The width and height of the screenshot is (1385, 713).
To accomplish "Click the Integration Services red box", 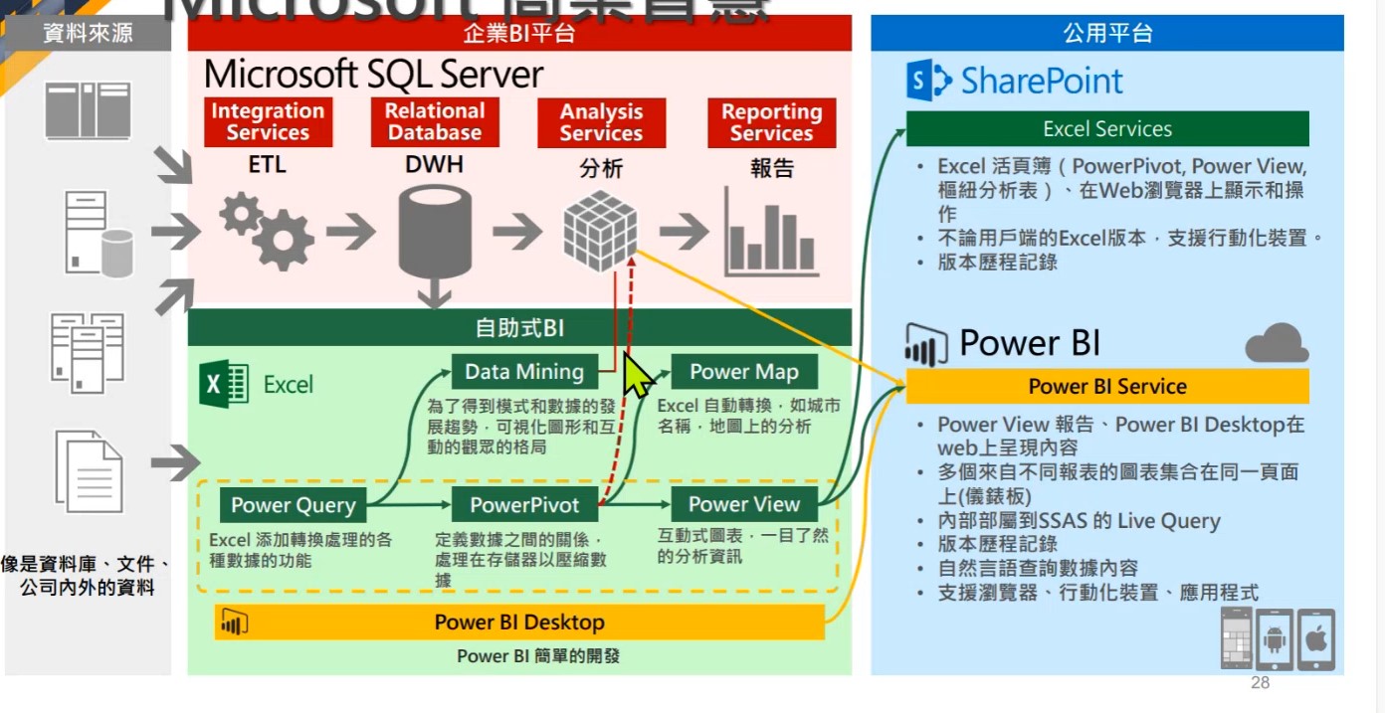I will pos(268,122).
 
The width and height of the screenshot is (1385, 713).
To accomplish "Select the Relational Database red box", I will pos(435,122).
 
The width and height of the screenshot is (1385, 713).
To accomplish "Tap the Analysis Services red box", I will pos(601,122).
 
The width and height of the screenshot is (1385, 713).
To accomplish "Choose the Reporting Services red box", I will pos(771,122).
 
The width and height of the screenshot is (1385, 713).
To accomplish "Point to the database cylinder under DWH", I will pos(435,237).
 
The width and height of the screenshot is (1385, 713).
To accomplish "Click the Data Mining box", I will pos(524,372).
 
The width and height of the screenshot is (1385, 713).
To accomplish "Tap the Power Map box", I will pos(743,372).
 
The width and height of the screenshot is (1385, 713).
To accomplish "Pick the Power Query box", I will pos(293,505).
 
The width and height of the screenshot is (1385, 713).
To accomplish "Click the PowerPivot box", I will pos(524,505).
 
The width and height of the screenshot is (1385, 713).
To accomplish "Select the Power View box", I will pos(743,504).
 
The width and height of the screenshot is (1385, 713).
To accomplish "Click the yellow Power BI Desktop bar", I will pos(519,623).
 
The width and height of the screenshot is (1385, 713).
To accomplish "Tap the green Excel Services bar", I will pos(1107,129).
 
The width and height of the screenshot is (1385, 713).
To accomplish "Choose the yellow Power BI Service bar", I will pos(1107,386).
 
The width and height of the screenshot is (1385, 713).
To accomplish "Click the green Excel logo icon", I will pos(225,384).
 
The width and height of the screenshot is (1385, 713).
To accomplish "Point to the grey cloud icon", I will pos(1277,343).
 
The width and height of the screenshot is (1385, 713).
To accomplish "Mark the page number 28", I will pos(1260,683).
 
